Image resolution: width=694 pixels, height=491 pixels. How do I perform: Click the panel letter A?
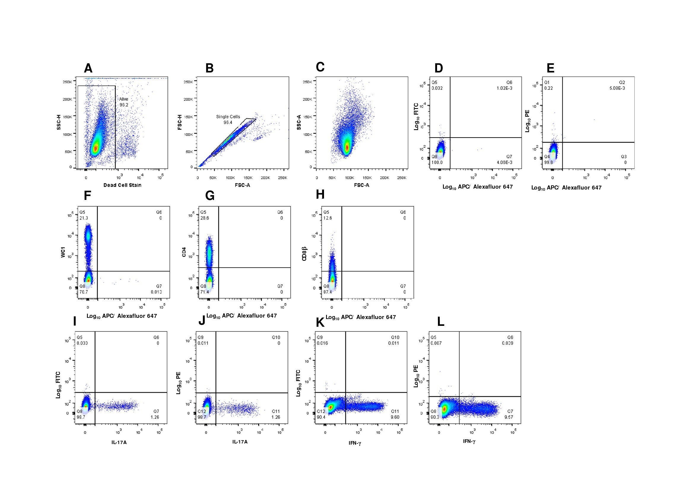[x=88, y=68]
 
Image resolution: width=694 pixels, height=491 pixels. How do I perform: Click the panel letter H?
[x=320, y=195]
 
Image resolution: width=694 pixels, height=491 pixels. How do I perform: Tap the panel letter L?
[x=441, y=322]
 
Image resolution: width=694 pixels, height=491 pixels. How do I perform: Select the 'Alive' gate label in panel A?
[x=124, y=99]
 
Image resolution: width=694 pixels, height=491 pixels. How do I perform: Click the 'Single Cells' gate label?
[x=228, y=117]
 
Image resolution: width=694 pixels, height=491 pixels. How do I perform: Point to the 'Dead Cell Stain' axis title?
[x=122, y=185]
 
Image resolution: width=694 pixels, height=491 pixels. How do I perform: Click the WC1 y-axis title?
[x=63, y=252]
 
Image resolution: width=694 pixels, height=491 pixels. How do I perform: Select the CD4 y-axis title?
[x=184, y=252]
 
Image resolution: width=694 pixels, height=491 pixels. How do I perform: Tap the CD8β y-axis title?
[x=304, y=253]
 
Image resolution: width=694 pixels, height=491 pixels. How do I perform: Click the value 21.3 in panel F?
[x=84, y=218]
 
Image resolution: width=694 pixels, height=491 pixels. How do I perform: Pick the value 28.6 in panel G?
[x=205, y=218]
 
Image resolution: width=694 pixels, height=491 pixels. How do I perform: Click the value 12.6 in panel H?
[x=328, y=218]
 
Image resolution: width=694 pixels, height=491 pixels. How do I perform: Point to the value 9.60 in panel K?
[x=395, y=417]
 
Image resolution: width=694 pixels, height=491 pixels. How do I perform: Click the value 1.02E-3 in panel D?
[x=504, y=88]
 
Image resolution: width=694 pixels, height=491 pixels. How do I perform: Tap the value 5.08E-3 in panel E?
[x=617, y=88]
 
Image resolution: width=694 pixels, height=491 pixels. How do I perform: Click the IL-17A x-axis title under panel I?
[x=119, y=443]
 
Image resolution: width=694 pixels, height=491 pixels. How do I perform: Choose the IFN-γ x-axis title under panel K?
[x=355, y=443]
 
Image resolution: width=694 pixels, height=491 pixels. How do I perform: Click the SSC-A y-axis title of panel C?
[x=299, y=122]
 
